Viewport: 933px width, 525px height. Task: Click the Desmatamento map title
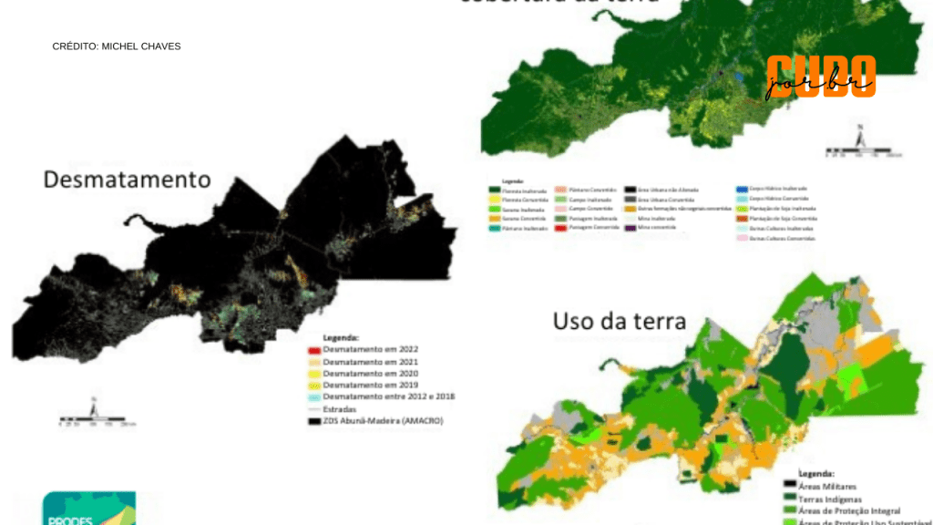[127, 179]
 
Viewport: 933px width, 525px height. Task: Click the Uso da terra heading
[619, 321]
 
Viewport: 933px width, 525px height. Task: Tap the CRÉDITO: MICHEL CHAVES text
[116, 46]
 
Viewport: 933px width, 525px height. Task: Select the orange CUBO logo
[820, 77]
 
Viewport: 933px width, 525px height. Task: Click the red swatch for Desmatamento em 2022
[313, 349]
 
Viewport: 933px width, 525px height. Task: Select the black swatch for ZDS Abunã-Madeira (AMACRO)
[313, 420]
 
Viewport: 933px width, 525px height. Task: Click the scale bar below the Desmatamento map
[97, 421]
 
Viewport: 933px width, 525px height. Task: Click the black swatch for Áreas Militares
[791, 487]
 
